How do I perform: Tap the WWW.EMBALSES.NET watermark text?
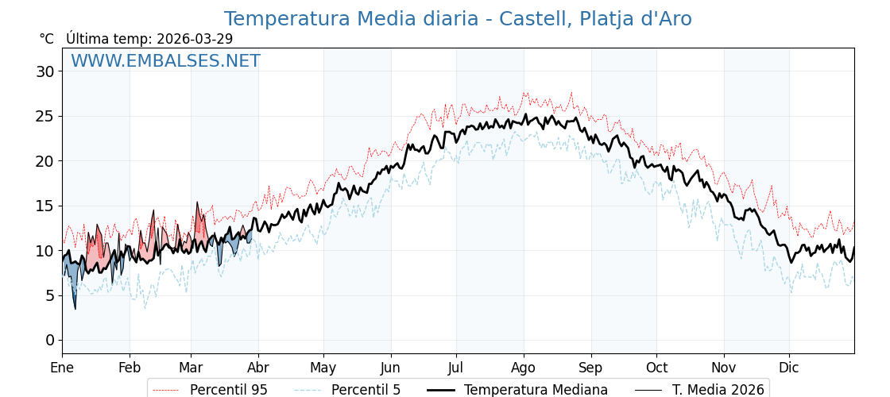[x=165, y=61]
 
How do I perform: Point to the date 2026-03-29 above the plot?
[x=195, y=39]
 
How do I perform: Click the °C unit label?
[x=47, y=39]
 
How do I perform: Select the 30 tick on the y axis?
[x=44, y=71]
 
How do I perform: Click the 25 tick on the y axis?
[x=44, y=116]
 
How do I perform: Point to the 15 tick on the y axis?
[x=44, y=206]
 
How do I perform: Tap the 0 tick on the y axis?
[x=49, y=340]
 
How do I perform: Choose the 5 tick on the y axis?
[x=49, y=295]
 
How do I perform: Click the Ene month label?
[x=62, y=368]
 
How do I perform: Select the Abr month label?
[x=258, y=368]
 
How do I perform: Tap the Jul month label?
[x=456, y=368]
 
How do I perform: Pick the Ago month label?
[x=524, y=368]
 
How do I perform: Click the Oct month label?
[x=656, y=368]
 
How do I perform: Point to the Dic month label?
[x=789, y=368]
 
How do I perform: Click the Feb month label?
[x=130, y=368]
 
